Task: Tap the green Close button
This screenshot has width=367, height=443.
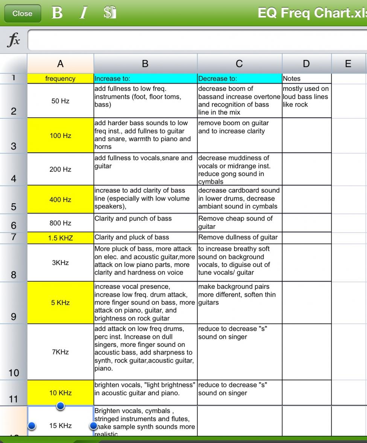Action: (x=22, y=14)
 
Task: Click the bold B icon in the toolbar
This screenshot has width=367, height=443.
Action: (x=57, y=13)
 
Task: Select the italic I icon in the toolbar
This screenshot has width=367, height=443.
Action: (x=83, y=13)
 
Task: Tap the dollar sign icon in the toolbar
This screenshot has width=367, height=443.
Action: (x=110, y=13)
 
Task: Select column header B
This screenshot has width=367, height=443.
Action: (x=145, y=64)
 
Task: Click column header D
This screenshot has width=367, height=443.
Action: (x=306, y=64)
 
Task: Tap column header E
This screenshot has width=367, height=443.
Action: (x=348, y=64)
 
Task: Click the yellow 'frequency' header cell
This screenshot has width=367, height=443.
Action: (x=60, y=79)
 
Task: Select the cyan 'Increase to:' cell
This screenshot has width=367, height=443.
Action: (x=145, y=79)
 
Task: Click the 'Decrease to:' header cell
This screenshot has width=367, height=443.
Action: (x=239, y=79)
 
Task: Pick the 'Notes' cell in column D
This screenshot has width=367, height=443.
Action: (x=306, y=79)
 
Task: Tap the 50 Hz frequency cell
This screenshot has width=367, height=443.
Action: (x=60, y=101)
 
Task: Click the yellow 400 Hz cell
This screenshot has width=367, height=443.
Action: (x=60, y=200)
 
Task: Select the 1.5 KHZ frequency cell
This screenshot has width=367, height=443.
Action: (x=60, y=238)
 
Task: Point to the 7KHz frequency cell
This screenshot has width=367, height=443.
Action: (x=60, y=352)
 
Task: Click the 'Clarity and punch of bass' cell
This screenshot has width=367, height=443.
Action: (x=145, y=223)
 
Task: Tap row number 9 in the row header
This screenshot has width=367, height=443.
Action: (x=14, y=316)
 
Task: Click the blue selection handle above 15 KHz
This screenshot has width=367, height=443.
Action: (x=60, y=406)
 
